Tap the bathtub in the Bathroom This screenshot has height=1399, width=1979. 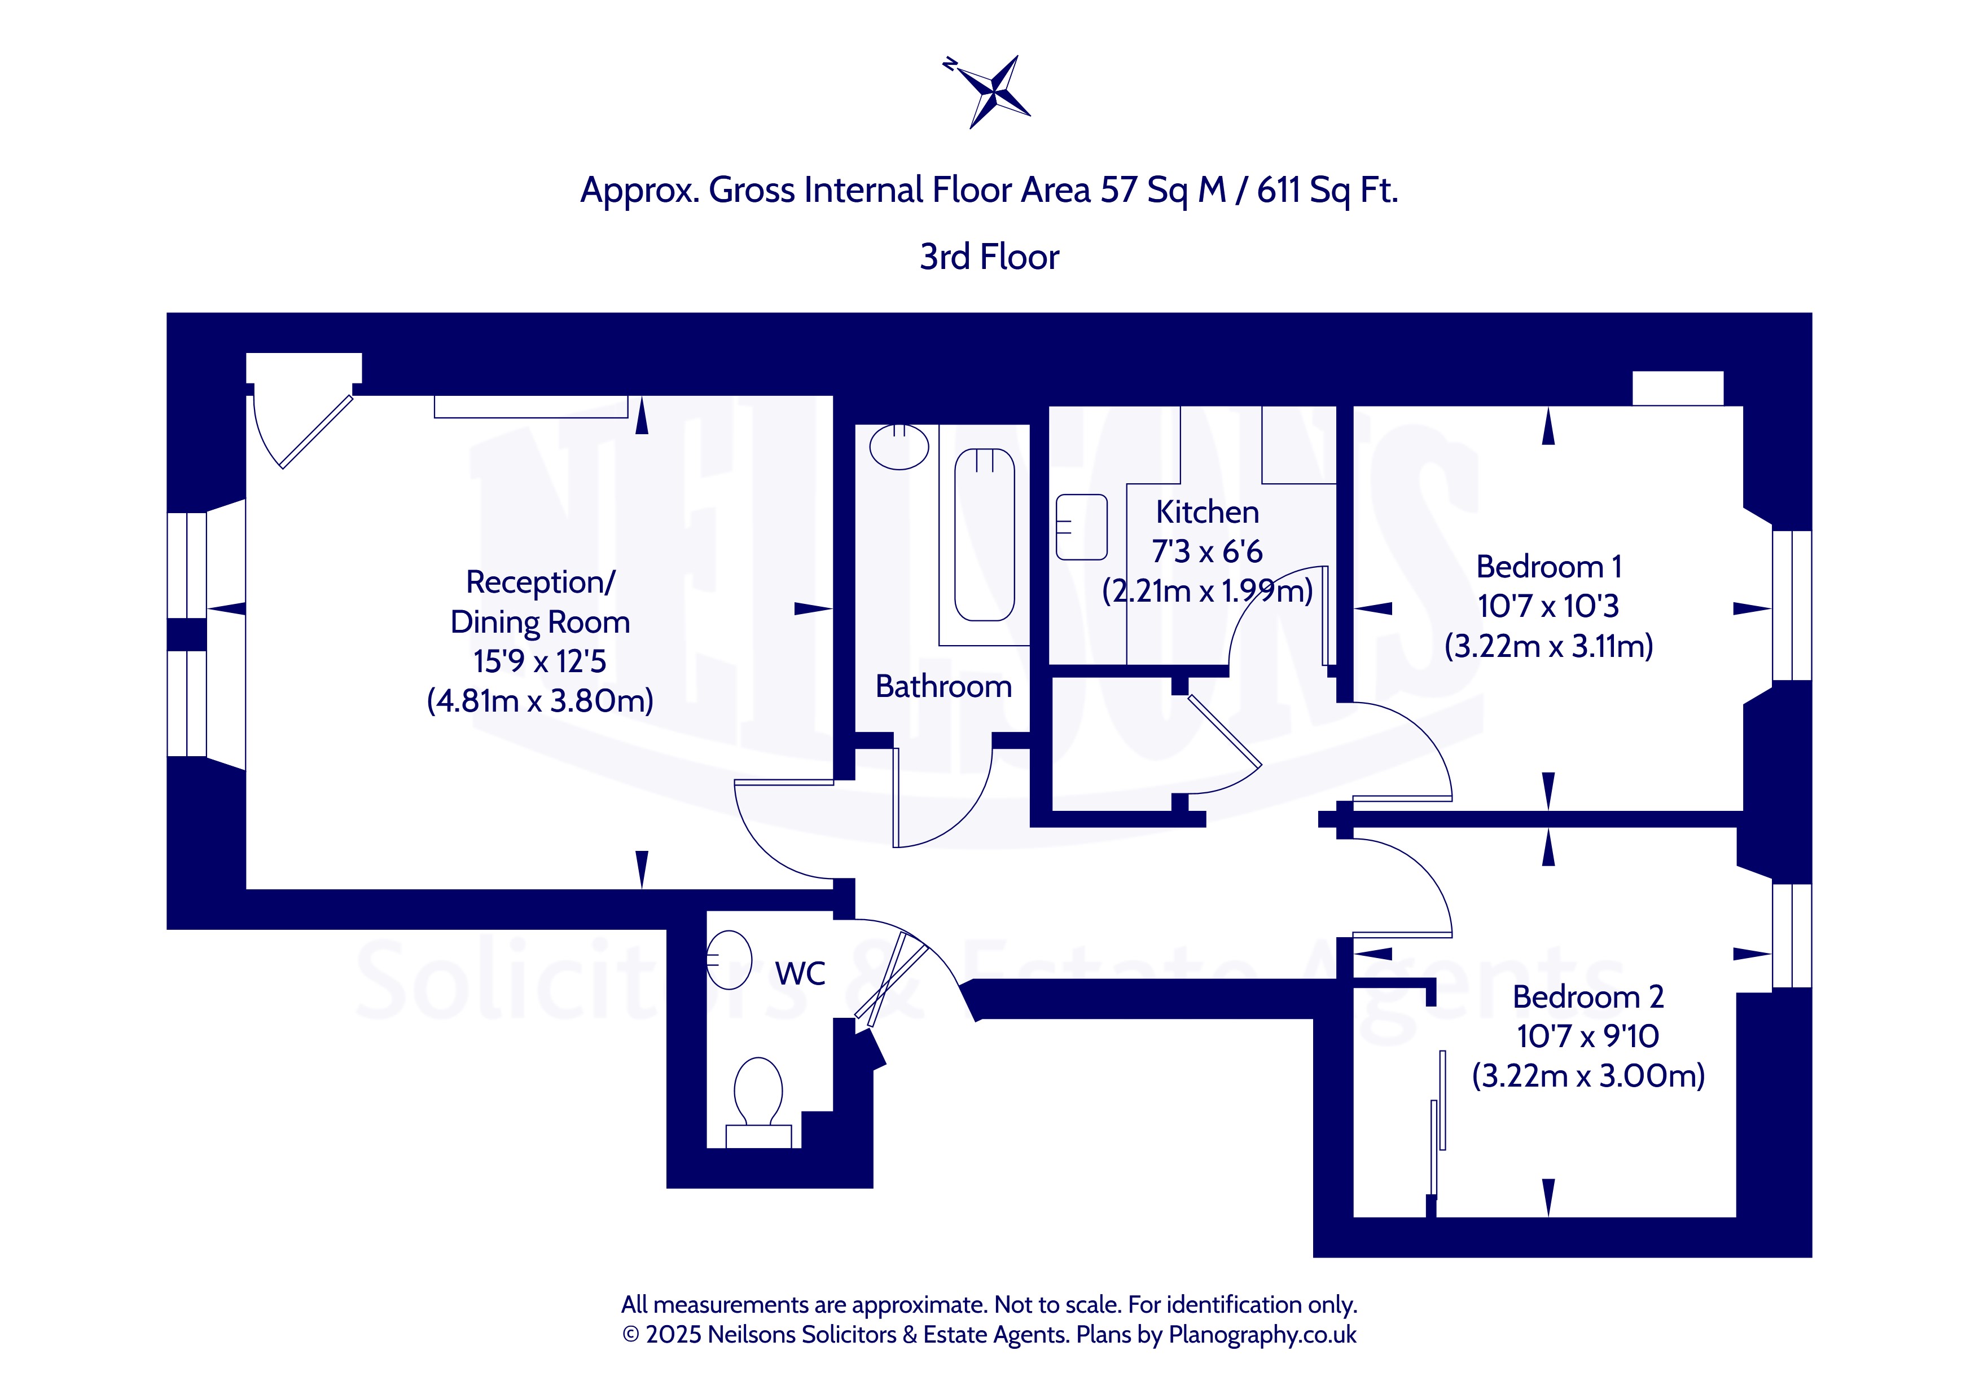(984, 534)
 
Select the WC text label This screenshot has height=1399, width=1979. (800, 973)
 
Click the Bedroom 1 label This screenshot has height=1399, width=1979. (1549, 567)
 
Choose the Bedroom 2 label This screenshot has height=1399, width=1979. (1588, 997)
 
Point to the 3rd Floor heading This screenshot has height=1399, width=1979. (990, 257)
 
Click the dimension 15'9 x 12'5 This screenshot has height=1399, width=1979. (539, 661)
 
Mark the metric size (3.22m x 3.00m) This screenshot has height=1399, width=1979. (1588, 1076)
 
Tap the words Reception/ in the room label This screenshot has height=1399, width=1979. (541, 582)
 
